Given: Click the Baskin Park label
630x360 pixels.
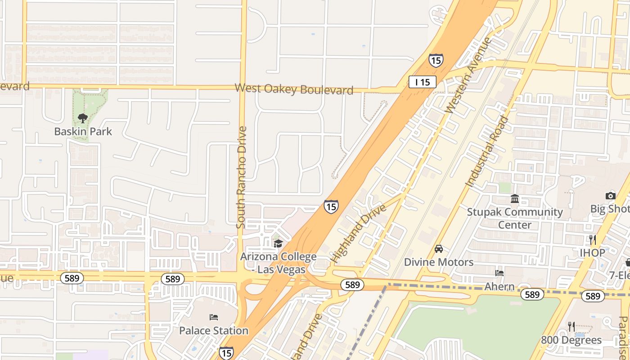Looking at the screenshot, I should click(83, 131).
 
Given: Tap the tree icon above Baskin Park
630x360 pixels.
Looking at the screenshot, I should click(82, 118).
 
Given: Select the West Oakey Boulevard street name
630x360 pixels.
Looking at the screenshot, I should click(294, 89).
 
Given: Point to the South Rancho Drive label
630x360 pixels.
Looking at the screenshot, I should click(242, 177).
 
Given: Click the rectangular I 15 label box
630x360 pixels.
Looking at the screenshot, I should click(422, 82).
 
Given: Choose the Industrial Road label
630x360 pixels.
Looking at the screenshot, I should click(487, 151).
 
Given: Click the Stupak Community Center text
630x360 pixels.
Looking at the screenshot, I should click(515, 218).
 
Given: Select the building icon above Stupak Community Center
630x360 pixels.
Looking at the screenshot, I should click(515, 198).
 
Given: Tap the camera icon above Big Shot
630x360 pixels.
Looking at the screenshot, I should click(611, 195).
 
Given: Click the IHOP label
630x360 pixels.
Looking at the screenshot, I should click(592, 253).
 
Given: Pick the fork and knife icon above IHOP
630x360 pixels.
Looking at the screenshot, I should click(592, 239).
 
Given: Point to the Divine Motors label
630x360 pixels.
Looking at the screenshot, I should click(439, 262).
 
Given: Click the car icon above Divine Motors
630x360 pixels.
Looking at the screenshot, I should click(439, 249).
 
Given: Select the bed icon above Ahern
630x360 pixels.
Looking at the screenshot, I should click(499, 273).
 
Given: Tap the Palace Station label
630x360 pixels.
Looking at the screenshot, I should click(214, 330).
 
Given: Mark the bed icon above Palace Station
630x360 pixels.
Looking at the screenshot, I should click(214, 317).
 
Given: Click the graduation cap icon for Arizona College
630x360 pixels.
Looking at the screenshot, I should click(278, 243).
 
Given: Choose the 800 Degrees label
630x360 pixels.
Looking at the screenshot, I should click(571, 340).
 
